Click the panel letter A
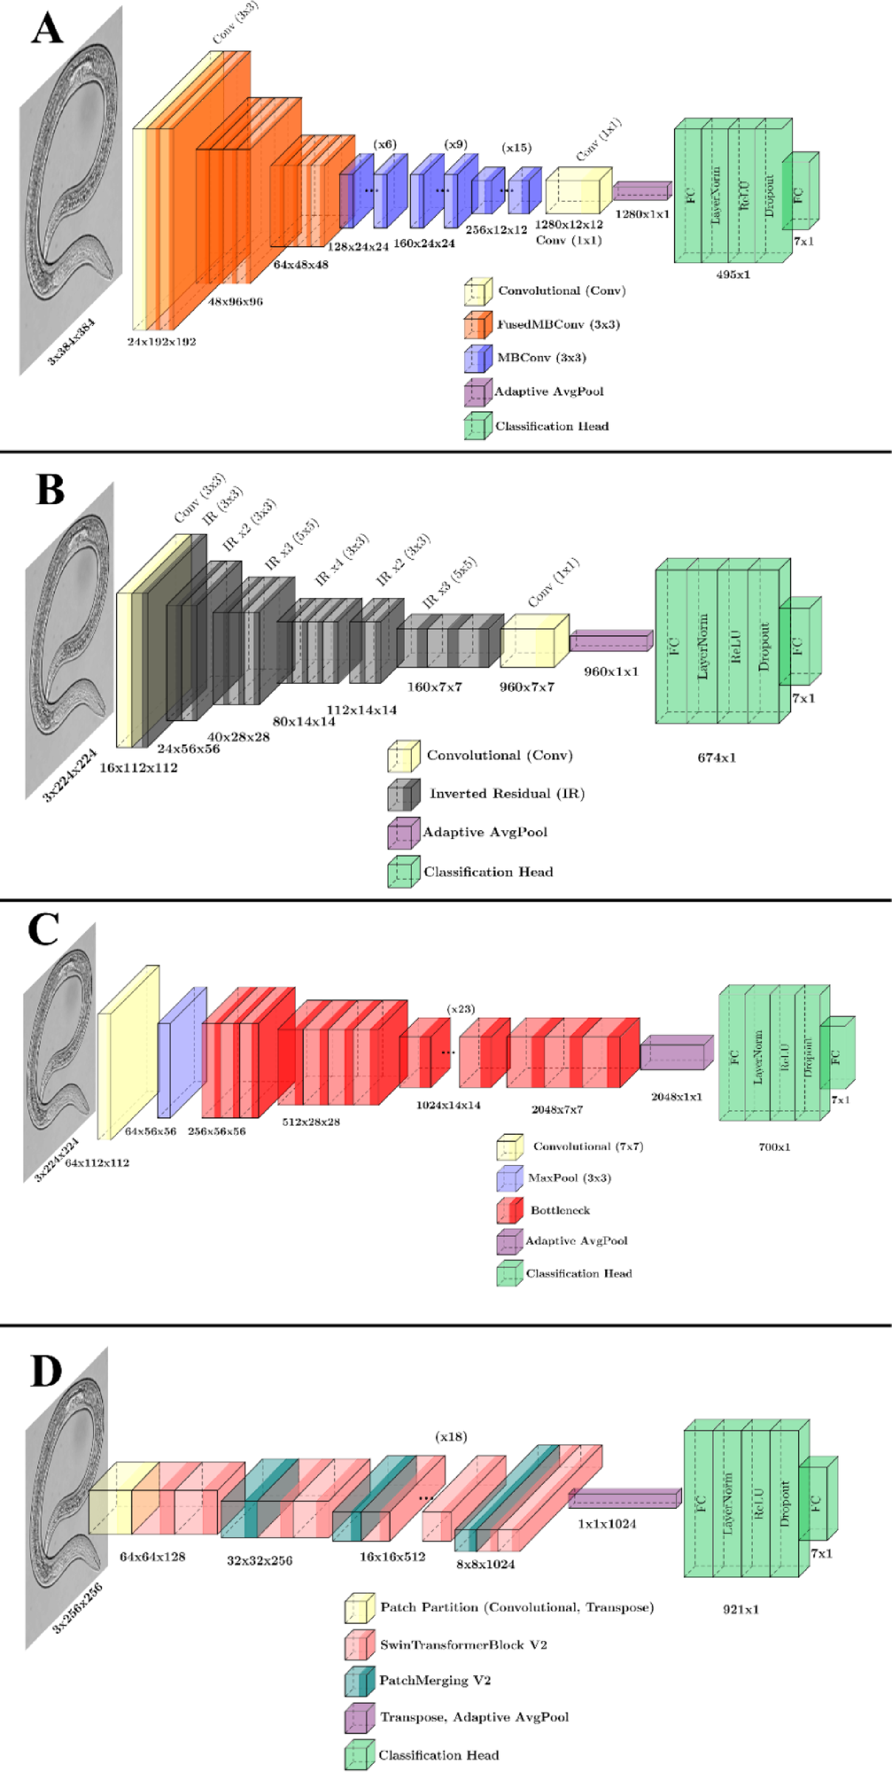[x=47, y=30]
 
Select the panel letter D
[x=46, y=1372]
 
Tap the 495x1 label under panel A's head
[x=732, y=274]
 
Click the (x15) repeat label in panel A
[x=517, y=148]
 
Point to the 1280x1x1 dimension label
[x=641, y=214]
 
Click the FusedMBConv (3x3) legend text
[x=558, y=325]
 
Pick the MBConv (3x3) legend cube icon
[x=478, y=359]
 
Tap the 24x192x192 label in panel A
[x=161, y=342]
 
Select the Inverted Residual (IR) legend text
[x=507, y=794]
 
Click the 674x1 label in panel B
[x=716, y=758]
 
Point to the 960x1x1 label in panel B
[x=610, y=671]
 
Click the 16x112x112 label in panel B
[x=138, y=767]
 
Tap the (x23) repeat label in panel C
[x=460, y=1009]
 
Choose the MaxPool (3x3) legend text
[x=569, y=1178]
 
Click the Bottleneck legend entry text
[x=560, y=1210]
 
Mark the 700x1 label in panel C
[x=774, y=1147]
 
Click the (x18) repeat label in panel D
[x=451, y=1436]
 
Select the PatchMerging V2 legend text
[x=435, y=1680]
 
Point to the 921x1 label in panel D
[x=741, y=1609]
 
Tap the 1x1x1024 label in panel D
[x=607, y=1524]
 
